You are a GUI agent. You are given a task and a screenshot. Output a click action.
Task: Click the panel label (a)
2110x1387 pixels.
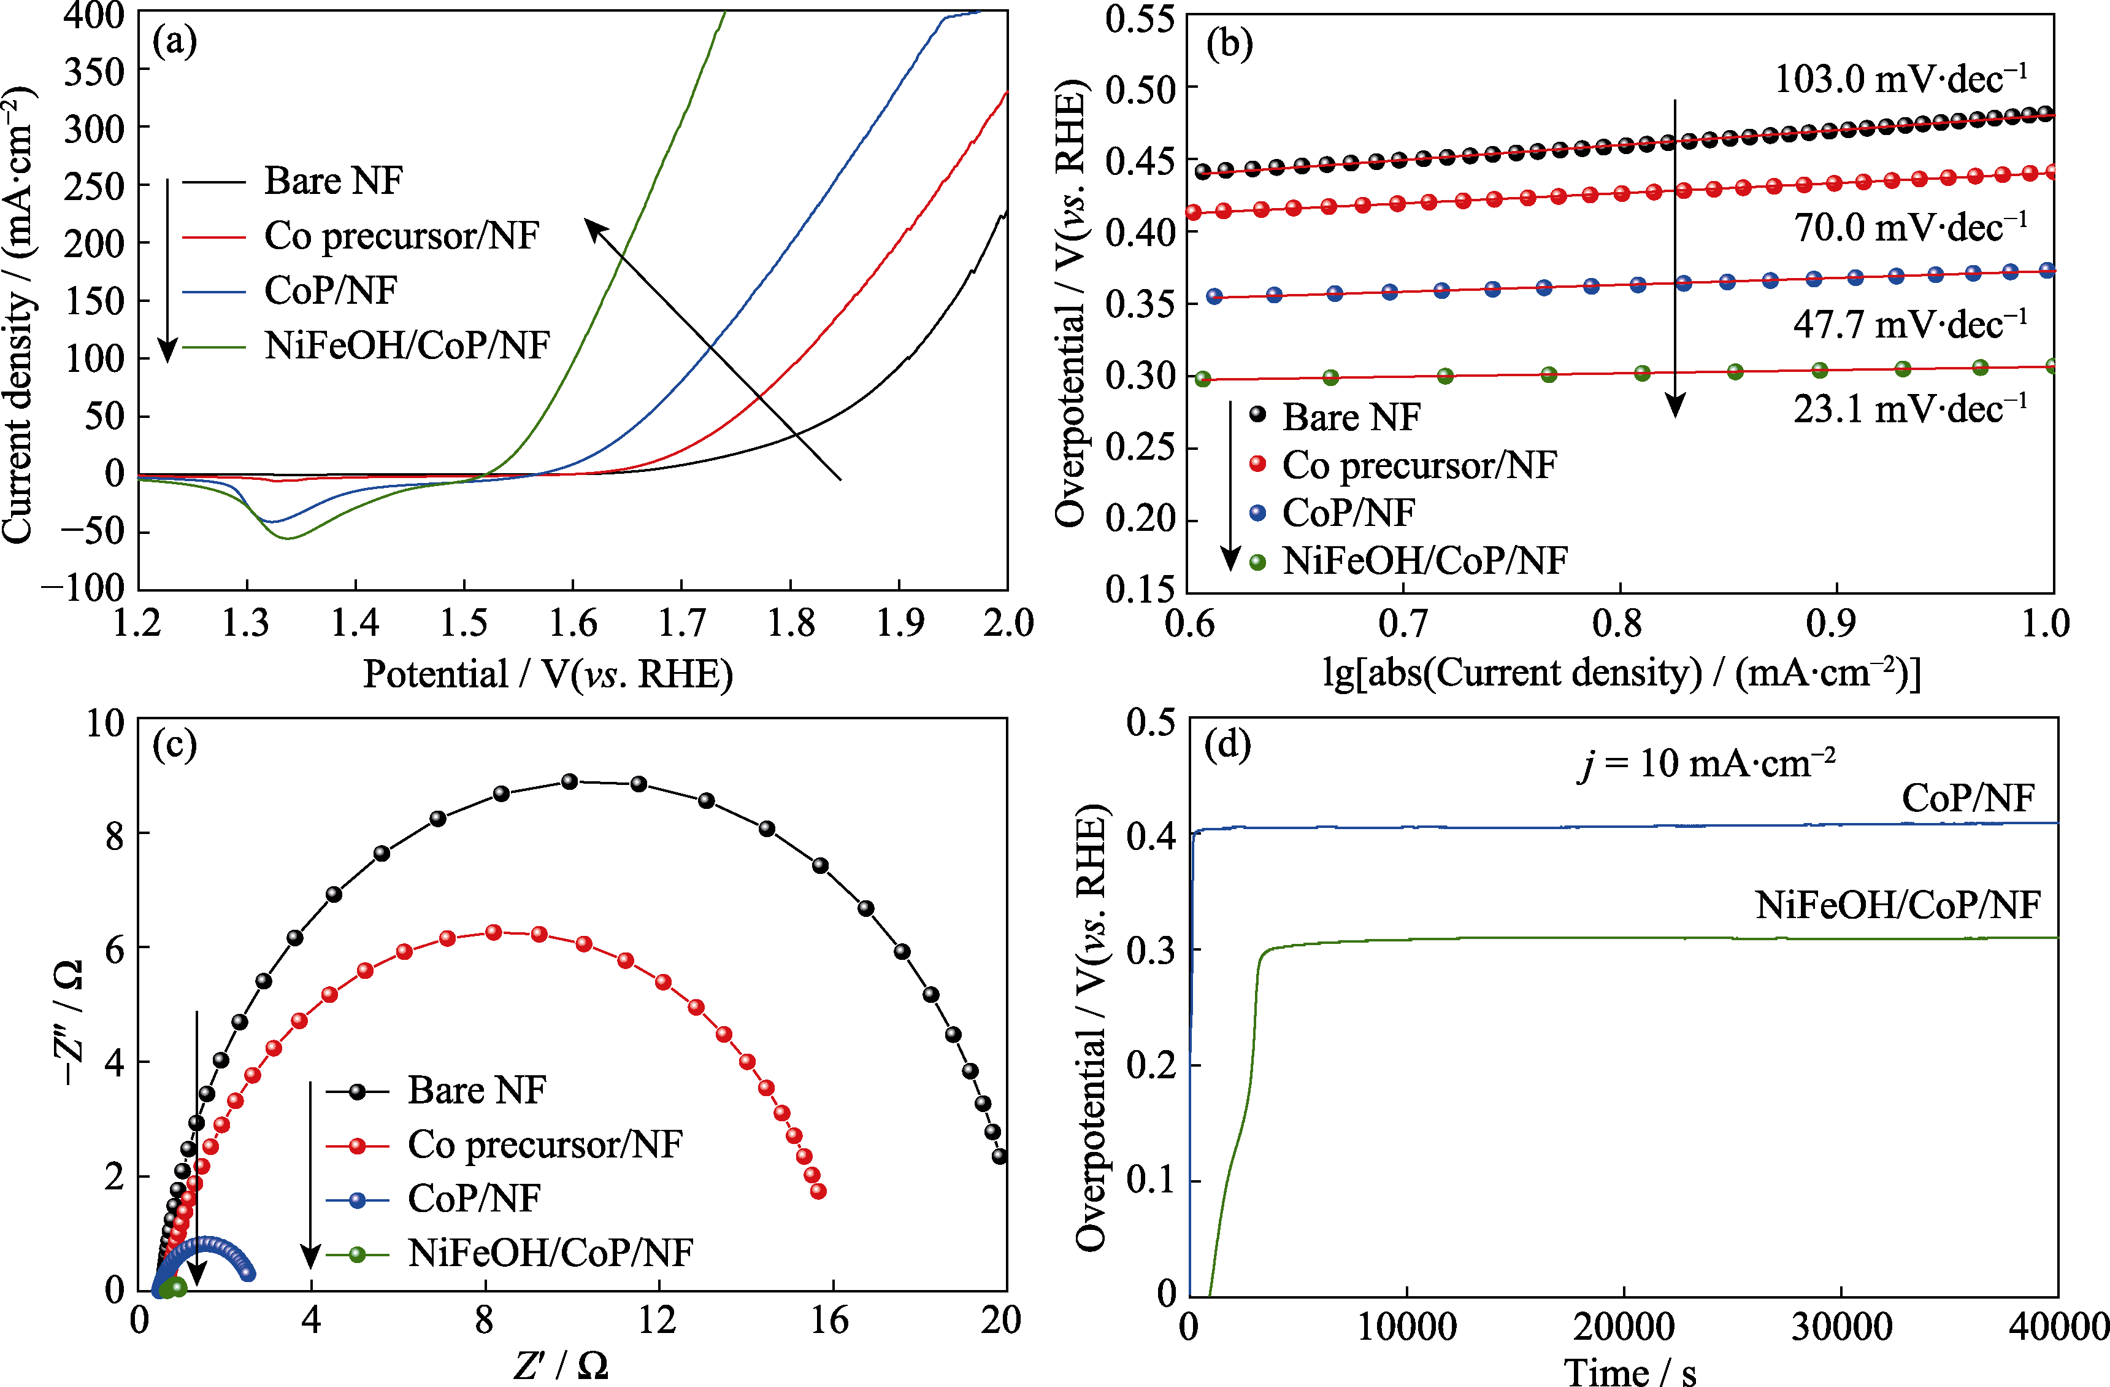pos(175,42)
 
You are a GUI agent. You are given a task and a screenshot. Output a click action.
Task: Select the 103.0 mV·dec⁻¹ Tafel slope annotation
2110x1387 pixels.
pos(1900,80)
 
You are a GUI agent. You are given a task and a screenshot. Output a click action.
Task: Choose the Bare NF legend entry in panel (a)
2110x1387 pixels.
pos(333,181)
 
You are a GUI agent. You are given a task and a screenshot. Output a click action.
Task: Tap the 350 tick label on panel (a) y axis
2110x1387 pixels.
pos(94,71)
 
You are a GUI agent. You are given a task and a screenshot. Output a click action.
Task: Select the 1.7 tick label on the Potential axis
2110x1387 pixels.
pos(681,624)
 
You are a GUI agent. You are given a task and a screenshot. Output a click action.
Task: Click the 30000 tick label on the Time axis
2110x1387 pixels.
pos(1841,1327)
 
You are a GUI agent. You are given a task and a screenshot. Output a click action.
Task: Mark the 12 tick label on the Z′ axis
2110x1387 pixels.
pos(657,1321)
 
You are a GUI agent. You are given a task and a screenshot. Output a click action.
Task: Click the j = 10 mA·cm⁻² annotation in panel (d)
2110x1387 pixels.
pos(1706,763)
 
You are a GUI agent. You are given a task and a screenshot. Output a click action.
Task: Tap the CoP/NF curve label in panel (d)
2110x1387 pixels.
pos(1967,799)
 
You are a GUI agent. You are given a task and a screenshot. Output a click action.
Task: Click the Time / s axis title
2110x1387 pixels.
pos(1630,1371)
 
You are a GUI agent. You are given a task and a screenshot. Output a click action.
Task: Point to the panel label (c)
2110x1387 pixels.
pos(175,745)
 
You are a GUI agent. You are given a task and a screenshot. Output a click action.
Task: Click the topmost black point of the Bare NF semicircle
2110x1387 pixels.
pos(570,781)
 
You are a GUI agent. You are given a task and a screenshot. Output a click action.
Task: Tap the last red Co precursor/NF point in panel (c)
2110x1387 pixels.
pos(818,1191)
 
